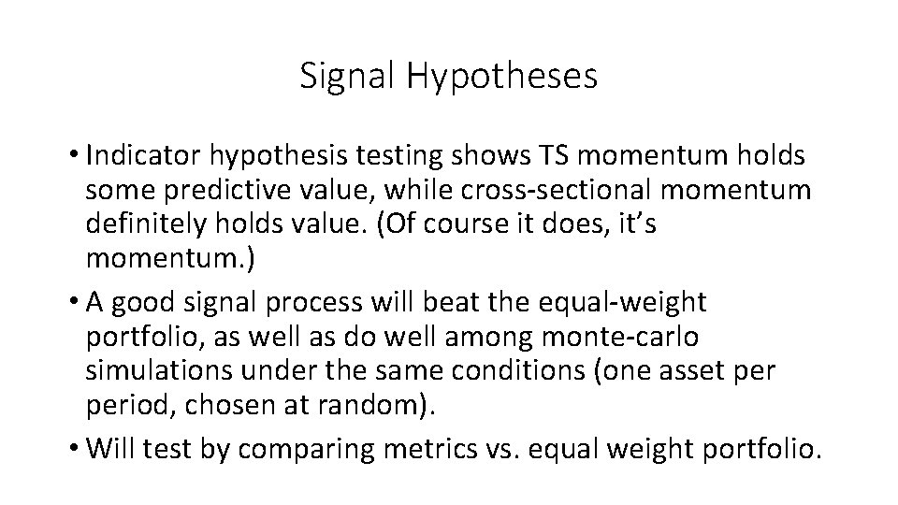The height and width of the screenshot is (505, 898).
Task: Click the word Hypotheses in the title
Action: (501, 77)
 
